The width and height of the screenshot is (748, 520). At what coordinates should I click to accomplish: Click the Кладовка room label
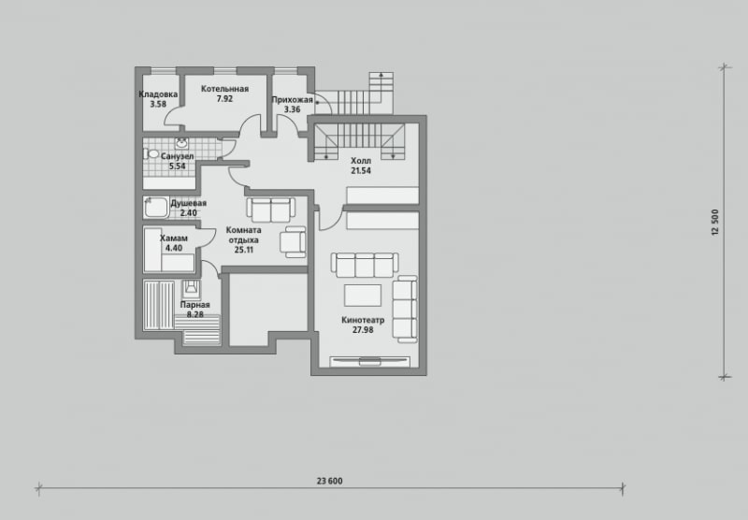pos(158,94)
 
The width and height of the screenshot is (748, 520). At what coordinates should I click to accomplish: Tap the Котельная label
pos(224,89)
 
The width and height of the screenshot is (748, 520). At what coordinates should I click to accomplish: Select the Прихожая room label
pos(293,100)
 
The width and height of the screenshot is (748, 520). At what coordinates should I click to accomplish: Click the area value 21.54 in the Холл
pos(361,171)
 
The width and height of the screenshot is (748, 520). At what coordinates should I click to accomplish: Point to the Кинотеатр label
pos(363,320)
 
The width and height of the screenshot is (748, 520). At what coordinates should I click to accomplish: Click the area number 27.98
pos(363,329)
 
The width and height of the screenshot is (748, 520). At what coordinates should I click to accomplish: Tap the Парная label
pos(195,305)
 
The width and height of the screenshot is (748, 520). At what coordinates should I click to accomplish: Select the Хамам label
pos(174,238)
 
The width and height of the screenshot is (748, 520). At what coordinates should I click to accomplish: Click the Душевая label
pos(189,203)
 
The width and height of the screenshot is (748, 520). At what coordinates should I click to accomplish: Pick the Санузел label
pos(177,156)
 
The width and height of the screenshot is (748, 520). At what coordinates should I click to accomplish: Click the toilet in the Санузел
pos(151,153)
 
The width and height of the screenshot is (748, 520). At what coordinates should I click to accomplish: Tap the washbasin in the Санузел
pos(181,143)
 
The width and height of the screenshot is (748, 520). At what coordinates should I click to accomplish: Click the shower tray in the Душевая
pos(156,208)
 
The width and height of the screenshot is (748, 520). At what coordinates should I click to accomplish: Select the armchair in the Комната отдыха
pos(293,241)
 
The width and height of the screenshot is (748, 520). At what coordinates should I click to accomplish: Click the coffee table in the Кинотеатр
pos(363,296)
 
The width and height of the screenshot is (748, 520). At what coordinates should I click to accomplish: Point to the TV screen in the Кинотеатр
pos(369,361)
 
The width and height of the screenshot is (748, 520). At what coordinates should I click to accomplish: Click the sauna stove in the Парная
pos(192,289)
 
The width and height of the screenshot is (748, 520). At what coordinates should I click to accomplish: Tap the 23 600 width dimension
pos(330,481)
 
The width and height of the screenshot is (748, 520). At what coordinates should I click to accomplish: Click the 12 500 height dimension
pos(714,223)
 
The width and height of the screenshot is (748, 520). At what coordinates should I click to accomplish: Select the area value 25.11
pos(244,250)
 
